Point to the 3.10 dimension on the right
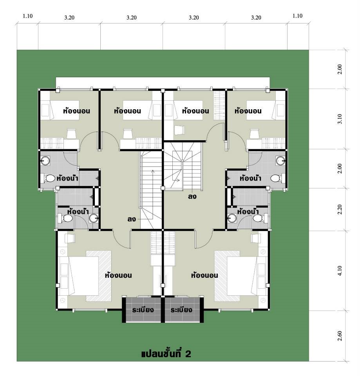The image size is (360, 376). point(340,119)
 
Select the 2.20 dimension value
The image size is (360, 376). point(340,210)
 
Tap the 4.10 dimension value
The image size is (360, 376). point(340,271)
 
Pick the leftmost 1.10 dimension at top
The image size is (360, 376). point(27,16)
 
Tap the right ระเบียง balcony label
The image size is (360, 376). point(182,310)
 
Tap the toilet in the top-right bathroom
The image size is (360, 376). point(277,179)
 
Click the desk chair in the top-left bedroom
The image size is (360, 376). point(71,134)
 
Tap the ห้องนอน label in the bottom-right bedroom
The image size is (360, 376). point(204,275)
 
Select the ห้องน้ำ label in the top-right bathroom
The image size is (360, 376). point(250,179)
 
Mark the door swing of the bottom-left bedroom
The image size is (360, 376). point(121,239)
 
